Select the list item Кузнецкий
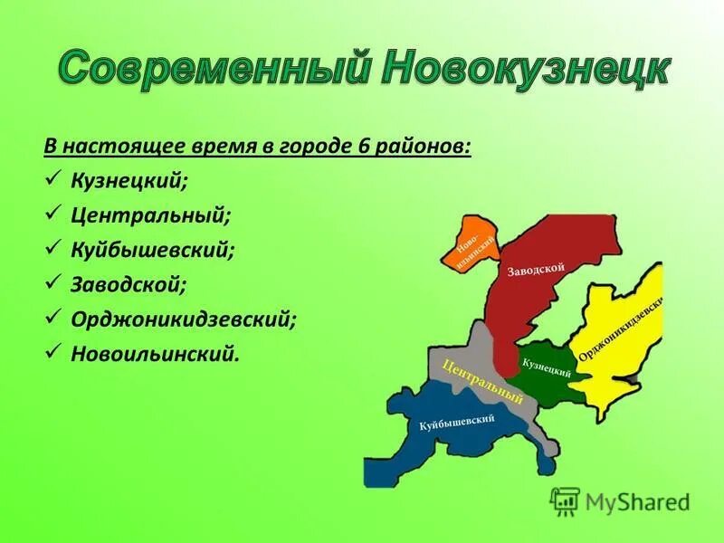(129, 180)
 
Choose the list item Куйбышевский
(153, 249)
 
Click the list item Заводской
(129, 284)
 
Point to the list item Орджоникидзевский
(184, 319)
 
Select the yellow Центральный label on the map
(483, 381)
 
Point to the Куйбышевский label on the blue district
(456, 422)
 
